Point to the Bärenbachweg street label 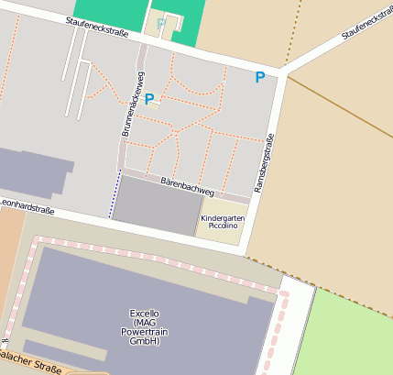pos(187,187)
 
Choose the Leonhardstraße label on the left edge pos(27,208)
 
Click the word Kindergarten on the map pos(223,218)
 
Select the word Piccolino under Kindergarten pos(223,226)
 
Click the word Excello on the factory pos(144,313)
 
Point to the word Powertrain pos(144,332)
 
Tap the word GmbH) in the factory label pos(144,341)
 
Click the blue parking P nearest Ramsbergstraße pos(260,78)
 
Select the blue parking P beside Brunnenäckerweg pos(149,99)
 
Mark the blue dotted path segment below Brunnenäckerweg pos(115,193)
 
